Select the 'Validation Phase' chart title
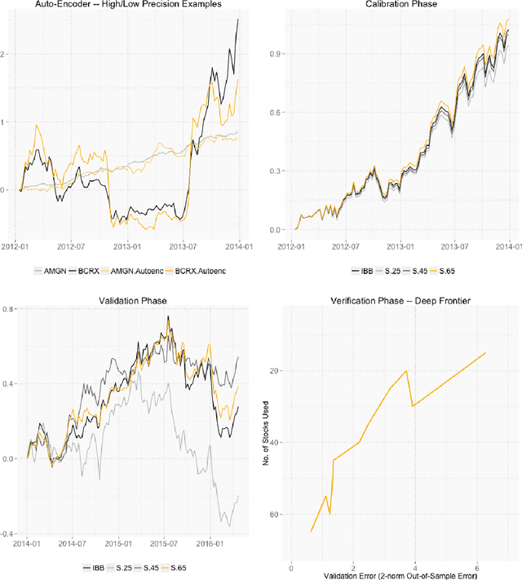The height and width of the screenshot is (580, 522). (x=131, y=300)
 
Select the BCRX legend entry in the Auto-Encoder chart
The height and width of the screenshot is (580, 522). (x=93, y=268)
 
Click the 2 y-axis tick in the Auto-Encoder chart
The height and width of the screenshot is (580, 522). (x=10, y=54)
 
